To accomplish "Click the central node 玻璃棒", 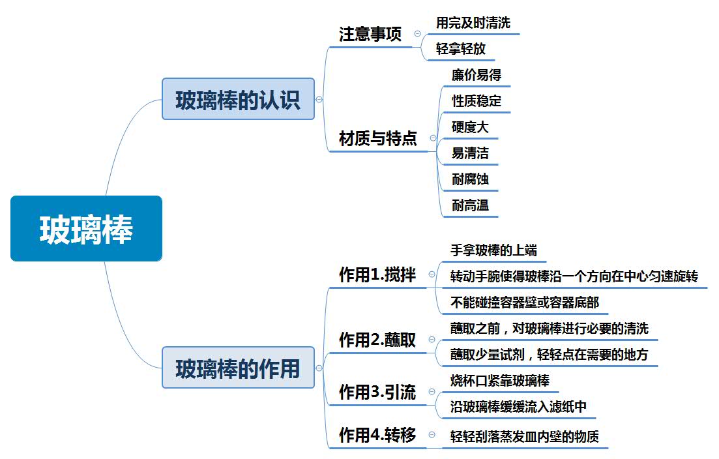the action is pyautogui.click(x=86, y=228).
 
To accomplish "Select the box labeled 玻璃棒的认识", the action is pyautogui.click(x=238, y=99).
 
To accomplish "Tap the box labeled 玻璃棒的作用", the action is pyautogui.click(x=238, y=368).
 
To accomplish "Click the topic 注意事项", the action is pyautogui.click(x=370, y=35).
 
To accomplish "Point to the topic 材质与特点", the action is pyautogui.click(x=378, y=138).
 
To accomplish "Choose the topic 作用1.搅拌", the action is pyautogui.click(x=377, y=274).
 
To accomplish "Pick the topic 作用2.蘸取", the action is pyautogui.click(x=377, y=340).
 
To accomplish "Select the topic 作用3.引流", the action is pyautogui.click(x=377, y=392).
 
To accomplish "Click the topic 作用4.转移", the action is pyautogui.click(x=377, y=435).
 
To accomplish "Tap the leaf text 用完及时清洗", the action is pyautogui.click(x=473, y=22).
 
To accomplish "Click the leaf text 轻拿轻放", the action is pyautogui.click(x=460, y=49).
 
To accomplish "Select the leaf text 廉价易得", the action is pyautogui.click(x=477, y=75).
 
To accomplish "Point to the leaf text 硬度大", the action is pyautogui.click(x=470, y=127).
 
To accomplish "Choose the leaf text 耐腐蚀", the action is pyautogui.click(x=470, y=179).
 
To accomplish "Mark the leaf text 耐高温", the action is pyautogui.click(x=470, y=205).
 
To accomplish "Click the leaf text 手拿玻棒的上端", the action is pyautogui.click(x=493, y=250).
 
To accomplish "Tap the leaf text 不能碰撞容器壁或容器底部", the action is pyautogui.click(x=525, y=303).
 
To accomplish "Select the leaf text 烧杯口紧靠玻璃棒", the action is pyautogui.click(x=500, y=381).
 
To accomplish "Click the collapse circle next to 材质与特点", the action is pyautogui.click(x=433, y=138).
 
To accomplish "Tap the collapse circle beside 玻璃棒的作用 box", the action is pyautogui.click(x=319, y=368).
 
